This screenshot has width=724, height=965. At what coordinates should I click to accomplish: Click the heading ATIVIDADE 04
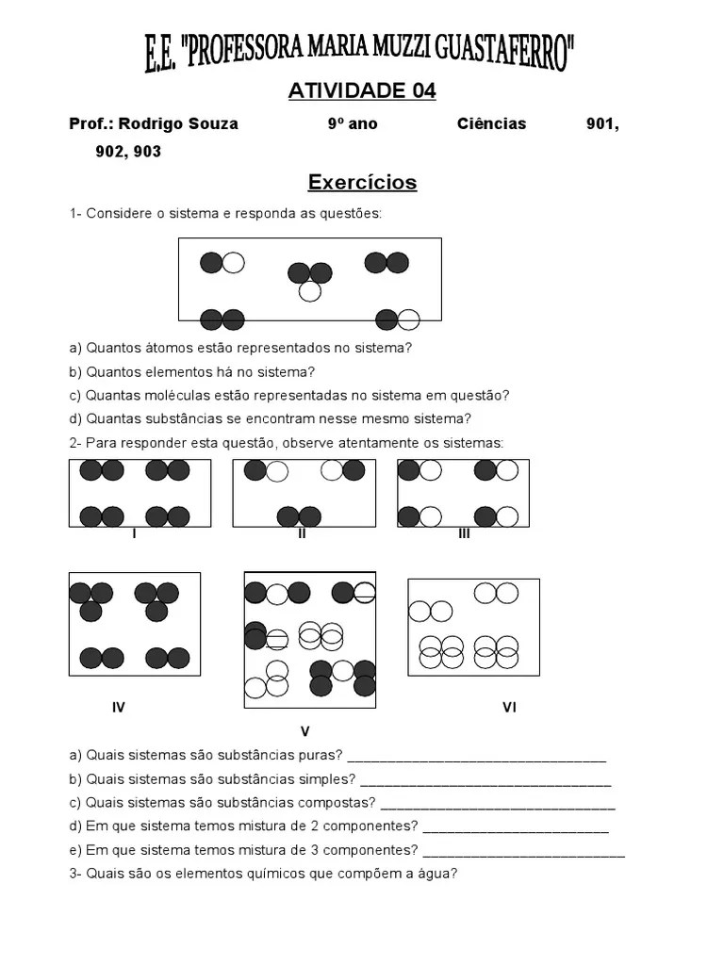[362, 91]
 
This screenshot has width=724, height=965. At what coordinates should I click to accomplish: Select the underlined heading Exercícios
[362, 182]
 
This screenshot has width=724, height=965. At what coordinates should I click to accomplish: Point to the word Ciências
[492, 124]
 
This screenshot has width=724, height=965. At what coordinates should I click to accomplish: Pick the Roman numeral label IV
[119, 707]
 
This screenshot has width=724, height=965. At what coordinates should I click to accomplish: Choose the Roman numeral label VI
[509, 707]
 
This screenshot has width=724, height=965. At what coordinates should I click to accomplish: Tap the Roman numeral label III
[464, 533]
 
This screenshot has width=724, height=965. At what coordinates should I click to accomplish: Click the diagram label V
[304, 731]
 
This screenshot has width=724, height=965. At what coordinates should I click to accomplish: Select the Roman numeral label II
[302, 533]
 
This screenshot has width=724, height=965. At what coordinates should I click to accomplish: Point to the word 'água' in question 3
[436, 874]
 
